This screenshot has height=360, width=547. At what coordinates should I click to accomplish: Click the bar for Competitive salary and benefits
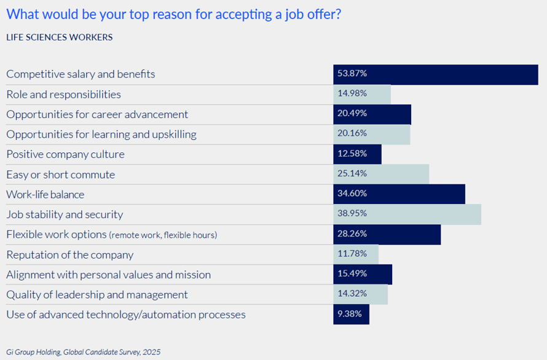(x=436, y=74)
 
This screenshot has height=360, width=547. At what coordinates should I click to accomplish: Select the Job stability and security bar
(x=407, y=214)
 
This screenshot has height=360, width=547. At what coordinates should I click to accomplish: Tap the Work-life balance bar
(x=399, y=195)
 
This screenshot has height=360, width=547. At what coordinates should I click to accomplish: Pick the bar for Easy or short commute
(x=381, y=174)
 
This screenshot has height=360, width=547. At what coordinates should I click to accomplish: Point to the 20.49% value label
(x=352, y=114)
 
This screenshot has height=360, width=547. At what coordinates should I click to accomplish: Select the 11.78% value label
(x=352, y=254)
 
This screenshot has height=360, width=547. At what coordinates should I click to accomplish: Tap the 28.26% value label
(x=352, y=235)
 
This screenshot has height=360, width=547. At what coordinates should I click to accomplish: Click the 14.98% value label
(x=352, y=94)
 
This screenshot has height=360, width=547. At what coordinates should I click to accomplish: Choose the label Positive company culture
(x=65, y=154)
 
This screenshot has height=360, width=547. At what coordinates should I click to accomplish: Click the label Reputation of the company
(x=69, y=254)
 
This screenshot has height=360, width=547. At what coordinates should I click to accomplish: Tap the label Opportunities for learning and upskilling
(x=101, y=134)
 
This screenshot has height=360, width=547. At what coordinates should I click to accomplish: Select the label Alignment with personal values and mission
(x=108, y=275)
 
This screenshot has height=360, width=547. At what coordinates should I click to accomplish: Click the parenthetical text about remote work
(x=163, y=235)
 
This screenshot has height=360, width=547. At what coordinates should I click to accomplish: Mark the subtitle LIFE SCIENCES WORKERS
(x=59, y=37)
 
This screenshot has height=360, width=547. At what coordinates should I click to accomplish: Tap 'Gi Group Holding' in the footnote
(x=33, y=352)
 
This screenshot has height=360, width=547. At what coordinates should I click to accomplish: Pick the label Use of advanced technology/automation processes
(x=126, y=315)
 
